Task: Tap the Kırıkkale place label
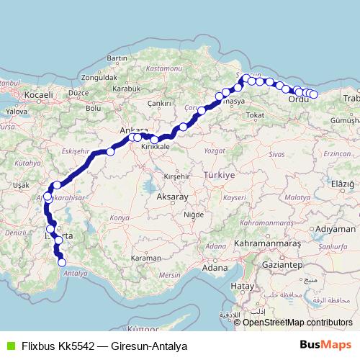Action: point(155,146)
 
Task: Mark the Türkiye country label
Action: point(219,175)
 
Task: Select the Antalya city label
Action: point(76,273)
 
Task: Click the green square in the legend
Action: point(10,346)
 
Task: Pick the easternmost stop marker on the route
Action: point(314,94)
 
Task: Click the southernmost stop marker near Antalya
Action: point(62,262)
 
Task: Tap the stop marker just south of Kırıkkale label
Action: point(155,140)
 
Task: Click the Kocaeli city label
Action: point(38,94)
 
